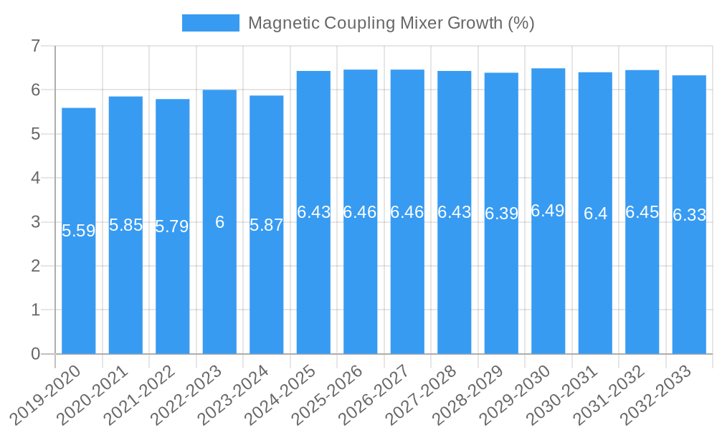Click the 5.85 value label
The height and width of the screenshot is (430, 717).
coord(125,225)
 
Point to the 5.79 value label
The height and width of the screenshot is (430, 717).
coord(172,227)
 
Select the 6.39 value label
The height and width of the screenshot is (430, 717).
coord(501,214)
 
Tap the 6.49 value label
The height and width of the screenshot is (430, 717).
coord(548,211)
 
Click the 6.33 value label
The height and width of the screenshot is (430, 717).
coord(689,215)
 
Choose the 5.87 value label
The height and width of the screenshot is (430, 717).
coord(267,225)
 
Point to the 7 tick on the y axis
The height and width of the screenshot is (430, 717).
coord(35,46)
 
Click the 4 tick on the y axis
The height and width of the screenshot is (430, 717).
coord(35,178)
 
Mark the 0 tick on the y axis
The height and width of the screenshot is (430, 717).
coord(35,354)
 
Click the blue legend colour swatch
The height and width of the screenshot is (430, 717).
coord(211,23)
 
